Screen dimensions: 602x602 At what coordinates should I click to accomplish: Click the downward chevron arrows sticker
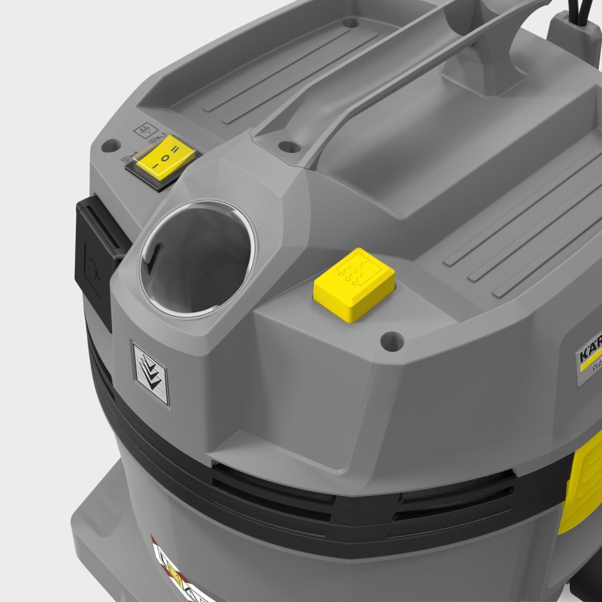point(150,373)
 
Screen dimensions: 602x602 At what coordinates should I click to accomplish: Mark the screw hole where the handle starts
point(287,145)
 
